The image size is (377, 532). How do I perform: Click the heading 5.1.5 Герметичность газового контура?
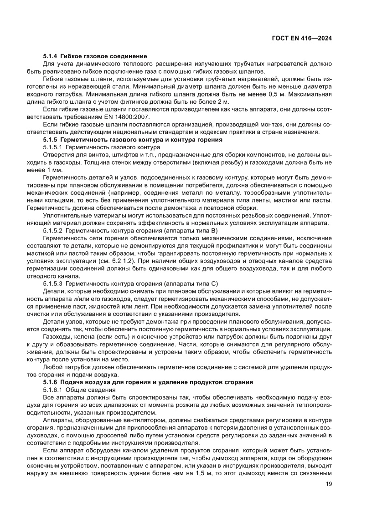tap(133, 140)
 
